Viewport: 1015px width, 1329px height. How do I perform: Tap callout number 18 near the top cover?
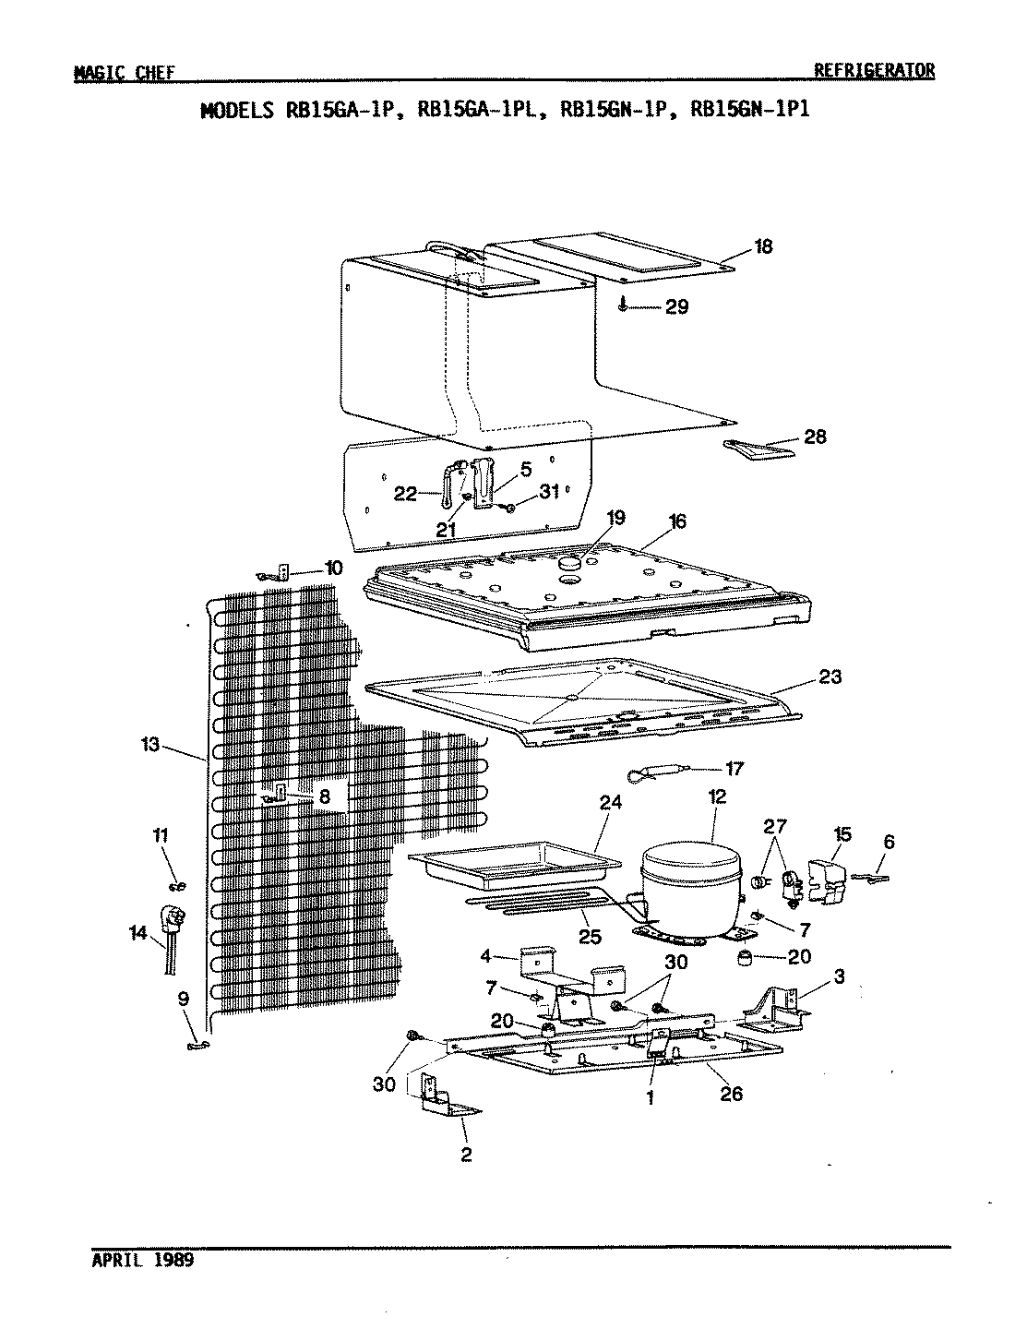click(763, 247)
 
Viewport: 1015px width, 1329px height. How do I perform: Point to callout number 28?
click(815, 437)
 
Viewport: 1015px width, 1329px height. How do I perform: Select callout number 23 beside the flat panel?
click(830, 676)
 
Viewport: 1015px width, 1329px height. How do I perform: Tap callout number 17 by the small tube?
click(734, 768)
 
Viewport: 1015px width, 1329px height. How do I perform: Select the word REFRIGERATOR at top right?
click(874, 70)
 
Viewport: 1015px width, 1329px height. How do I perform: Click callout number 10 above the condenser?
click(333, 568)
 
